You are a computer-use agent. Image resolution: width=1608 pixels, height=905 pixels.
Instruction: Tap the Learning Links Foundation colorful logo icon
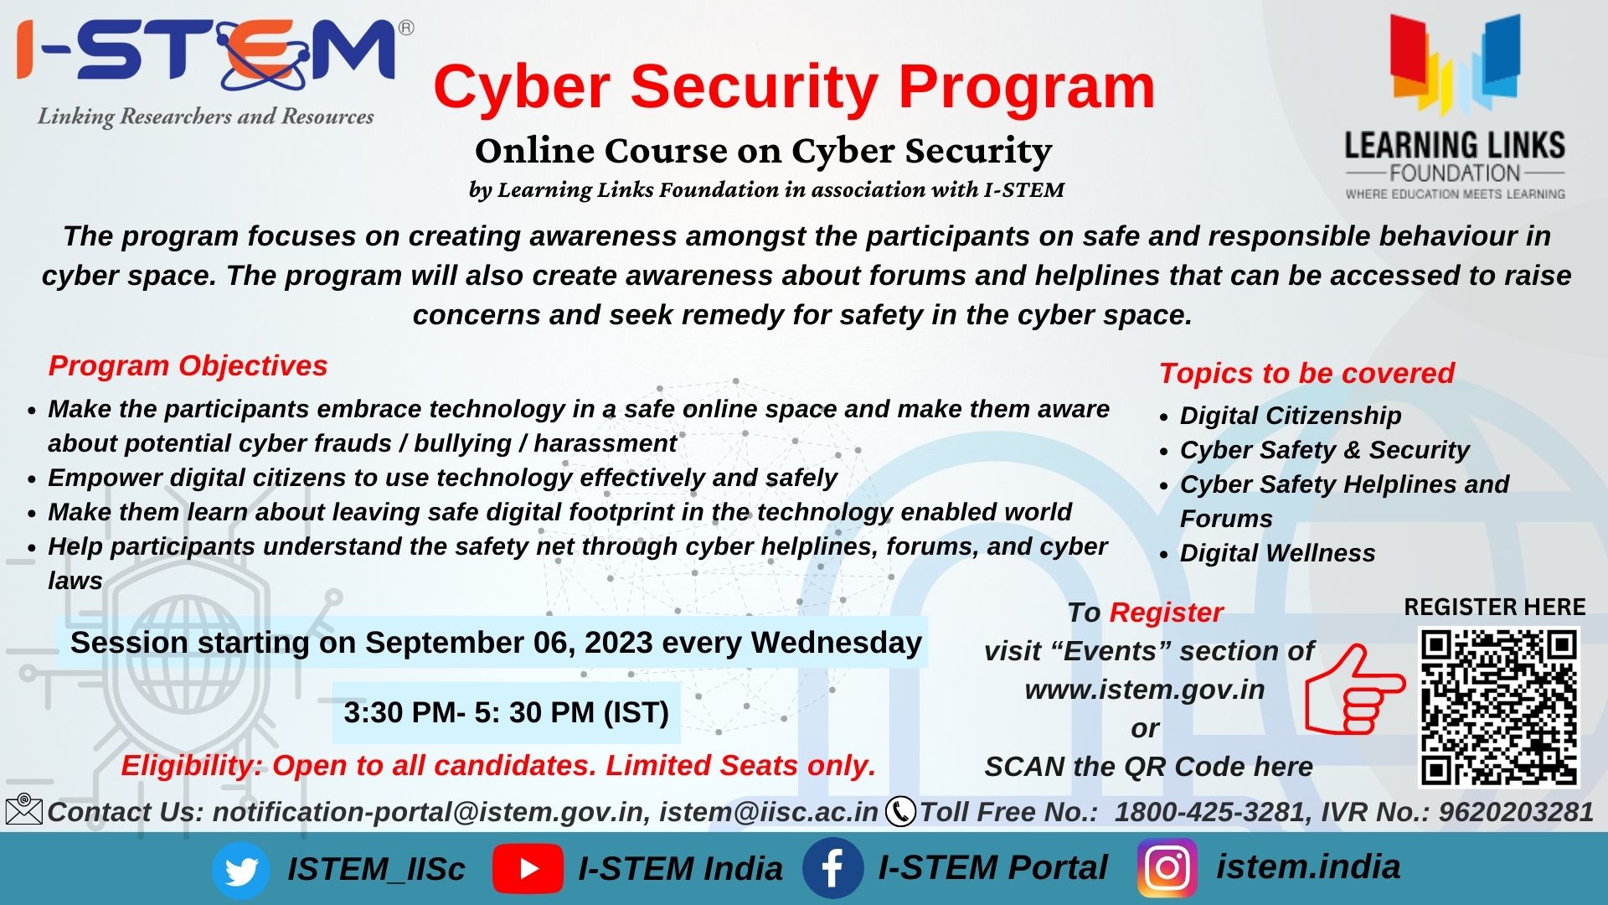[1456, 65]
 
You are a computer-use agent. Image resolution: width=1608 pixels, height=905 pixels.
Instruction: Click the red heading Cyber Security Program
[794, 86]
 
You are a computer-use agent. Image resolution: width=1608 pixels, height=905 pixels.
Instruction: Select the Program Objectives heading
[188, 365]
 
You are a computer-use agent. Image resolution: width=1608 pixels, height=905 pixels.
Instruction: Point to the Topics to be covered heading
[1306, 373]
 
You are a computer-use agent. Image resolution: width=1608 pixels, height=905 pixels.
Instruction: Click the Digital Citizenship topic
[1290, 416]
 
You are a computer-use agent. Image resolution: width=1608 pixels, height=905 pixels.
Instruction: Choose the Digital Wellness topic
[1277, 553]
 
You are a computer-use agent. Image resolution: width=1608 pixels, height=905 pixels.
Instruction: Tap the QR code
[1498, 707]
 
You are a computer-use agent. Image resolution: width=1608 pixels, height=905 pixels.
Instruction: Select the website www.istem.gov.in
[1145, 690]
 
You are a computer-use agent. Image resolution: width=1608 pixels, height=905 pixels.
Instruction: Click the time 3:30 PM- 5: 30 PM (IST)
[506, 712]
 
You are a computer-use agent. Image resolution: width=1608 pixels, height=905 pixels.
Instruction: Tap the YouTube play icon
[528, 869]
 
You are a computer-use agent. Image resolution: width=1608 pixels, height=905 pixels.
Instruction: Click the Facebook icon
[832, 869]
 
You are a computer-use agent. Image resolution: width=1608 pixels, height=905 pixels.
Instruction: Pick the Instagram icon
[1167, 868]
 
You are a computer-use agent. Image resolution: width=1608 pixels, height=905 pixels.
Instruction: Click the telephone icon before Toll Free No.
[900, 812]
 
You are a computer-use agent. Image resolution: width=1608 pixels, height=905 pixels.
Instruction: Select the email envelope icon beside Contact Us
[23, 809]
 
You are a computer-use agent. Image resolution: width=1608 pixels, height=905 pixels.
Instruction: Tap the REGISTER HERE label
[1495, 607]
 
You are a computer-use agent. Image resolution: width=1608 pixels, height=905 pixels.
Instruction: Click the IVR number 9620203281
[1516, 812]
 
